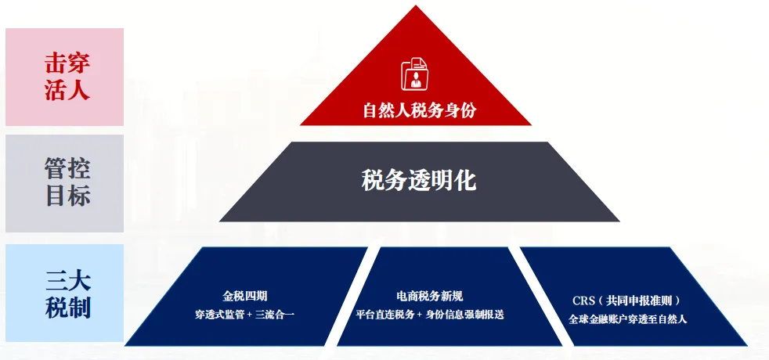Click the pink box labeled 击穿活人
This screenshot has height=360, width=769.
coord(64,77)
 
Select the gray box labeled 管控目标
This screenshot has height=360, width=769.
coord(64,183)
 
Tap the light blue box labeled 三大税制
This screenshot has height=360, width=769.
coord(64,293)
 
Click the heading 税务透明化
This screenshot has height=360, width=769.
coord(419,181)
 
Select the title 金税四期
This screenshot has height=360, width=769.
coord(245,296)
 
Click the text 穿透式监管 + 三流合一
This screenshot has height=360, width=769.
coord(245,315)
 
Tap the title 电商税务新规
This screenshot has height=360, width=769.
coord(430,296)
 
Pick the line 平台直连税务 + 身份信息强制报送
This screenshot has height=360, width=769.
coord(430,315)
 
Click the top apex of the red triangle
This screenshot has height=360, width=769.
coord(416,7)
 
